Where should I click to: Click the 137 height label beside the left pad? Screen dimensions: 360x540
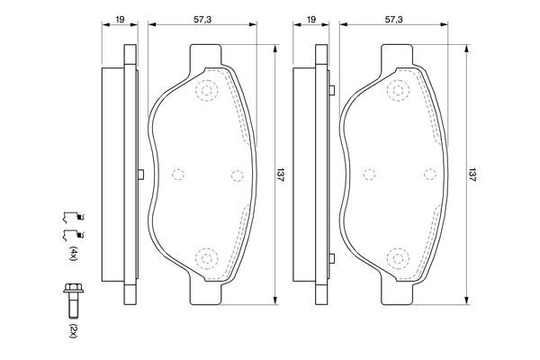click(281, 175)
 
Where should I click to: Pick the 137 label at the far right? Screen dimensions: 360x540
click(474, 175)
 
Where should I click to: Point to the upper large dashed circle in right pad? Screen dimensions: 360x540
click(400, 90)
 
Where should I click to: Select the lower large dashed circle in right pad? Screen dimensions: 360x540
click(400, 259)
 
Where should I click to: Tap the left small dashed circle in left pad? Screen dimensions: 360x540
click(177, 175)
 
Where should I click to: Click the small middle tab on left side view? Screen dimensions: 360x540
click(140, 175)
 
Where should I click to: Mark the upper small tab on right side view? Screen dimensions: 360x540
click(334, 89)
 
